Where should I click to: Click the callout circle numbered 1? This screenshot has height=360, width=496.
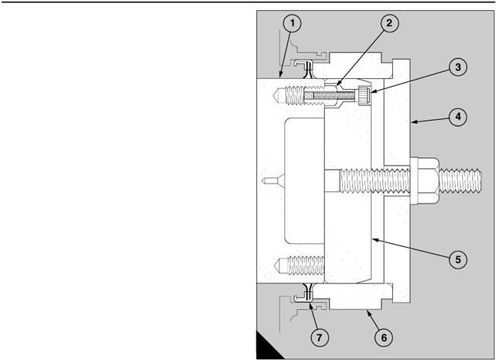[292, 23]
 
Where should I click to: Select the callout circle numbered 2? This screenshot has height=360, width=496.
[389, 23]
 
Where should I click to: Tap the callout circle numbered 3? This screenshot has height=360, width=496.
[458, 67]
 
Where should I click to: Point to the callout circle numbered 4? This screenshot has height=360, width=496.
[458, 117]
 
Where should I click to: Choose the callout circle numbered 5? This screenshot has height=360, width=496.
[458, 259]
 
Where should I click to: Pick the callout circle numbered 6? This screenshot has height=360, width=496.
[384, 338]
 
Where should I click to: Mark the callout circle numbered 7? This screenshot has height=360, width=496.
[320, 338]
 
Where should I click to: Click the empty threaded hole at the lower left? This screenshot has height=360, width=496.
[301, 266]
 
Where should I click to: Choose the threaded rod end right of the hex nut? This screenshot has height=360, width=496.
[460, 180]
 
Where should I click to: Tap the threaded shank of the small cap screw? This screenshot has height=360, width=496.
[331, 95]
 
